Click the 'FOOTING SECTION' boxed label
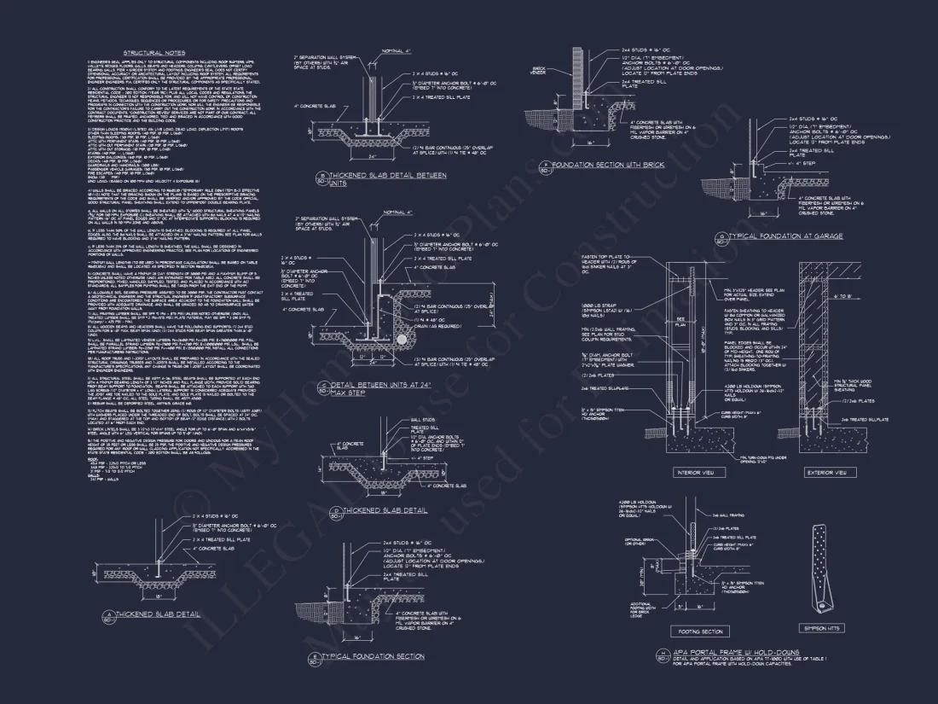[x=700, y=631]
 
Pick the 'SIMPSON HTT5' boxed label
[x=822, y=628]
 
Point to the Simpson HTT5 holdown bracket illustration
[x=822, y=567]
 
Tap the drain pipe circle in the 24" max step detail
[x=402, y=339]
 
